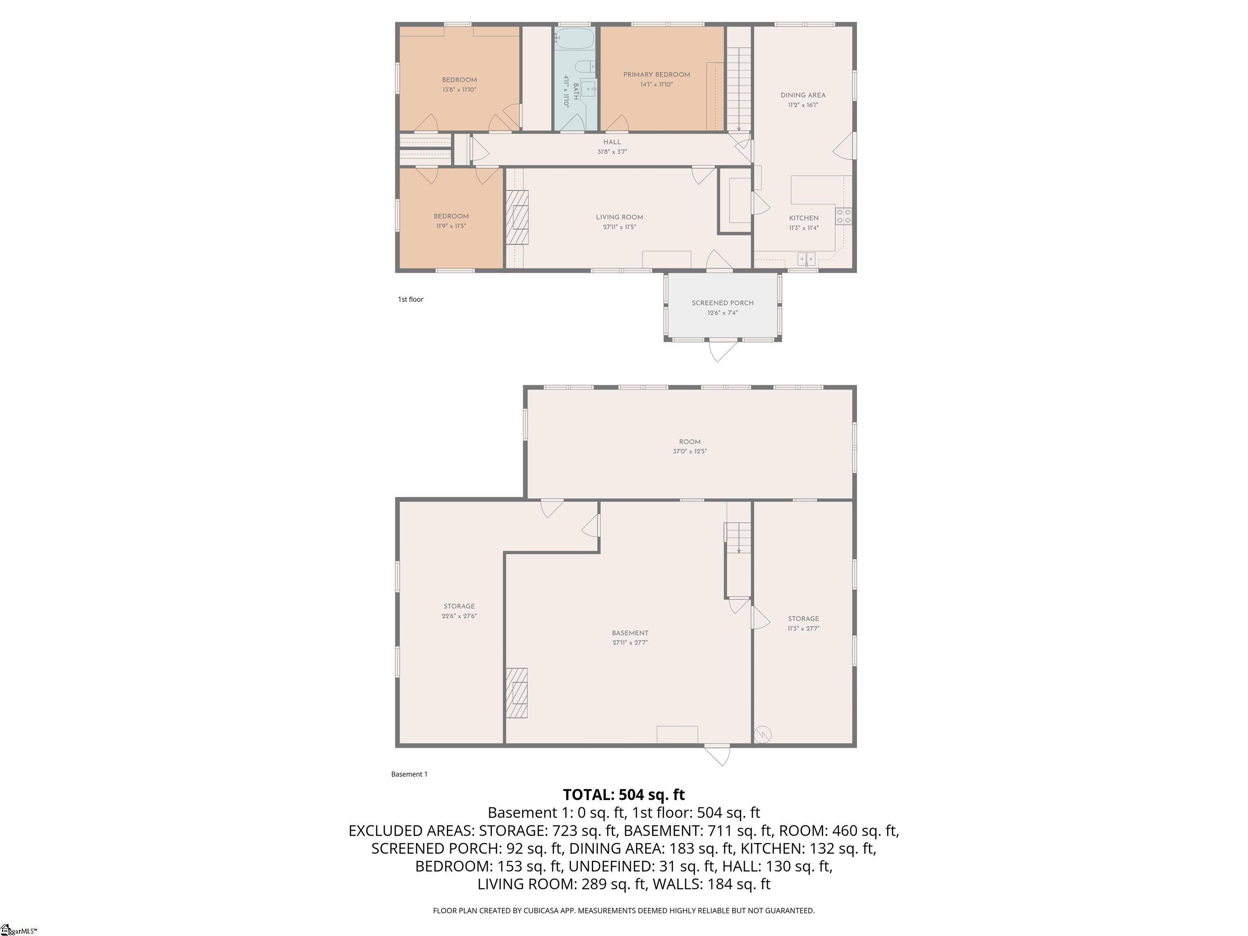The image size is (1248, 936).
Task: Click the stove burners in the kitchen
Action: (843, 216)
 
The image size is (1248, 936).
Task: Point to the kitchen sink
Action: (806, 259)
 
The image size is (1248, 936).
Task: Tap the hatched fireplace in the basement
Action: (516, 693)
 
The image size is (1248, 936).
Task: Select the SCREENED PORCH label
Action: (722, 303)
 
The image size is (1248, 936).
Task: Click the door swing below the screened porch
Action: (723, 350)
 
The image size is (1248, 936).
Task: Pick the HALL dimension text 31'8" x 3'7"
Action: (612, 152)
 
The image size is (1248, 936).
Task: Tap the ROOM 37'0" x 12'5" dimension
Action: (689, 451)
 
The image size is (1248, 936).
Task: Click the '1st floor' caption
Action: (410, 299)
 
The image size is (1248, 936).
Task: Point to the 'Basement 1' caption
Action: (409, 774)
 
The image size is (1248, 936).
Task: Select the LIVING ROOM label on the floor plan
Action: (620, 217)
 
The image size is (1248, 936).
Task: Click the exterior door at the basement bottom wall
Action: (717, 754)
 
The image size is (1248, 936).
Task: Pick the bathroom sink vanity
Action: (589, 89)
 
